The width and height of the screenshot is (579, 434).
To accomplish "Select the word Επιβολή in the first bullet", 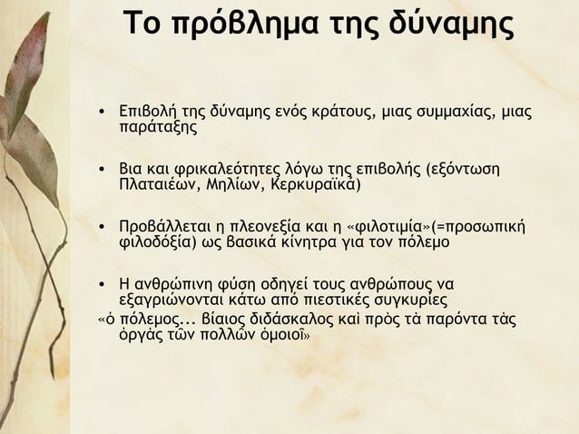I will (x=149, y=113).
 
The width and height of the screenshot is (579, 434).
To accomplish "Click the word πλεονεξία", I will (x=273, y=226).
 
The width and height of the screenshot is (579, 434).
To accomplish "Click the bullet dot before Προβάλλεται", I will (x=104, y=227).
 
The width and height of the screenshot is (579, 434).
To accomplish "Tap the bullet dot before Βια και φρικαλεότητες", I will (x=104, y=171).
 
